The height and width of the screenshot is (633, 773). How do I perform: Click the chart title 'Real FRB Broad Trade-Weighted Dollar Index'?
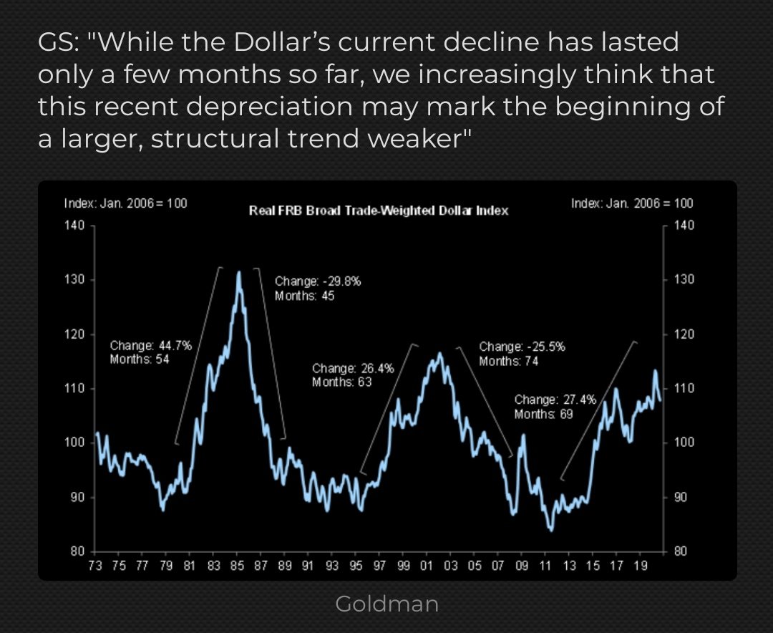coord(378,211)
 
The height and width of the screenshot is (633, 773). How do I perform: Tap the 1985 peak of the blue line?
coord(238,273)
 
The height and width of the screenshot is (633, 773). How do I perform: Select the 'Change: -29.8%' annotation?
coord(318,281)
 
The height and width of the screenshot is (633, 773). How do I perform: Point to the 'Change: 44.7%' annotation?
coord(150,346)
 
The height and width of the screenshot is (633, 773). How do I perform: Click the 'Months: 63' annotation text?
coord(339,382)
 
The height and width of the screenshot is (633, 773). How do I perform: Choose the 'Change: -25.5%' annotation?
coord(522,347)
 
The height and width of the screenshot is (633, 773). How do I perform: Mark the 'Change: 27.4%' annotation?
coord(555,400)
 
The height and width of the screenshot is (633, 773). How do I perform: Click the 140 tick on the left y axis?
coord(74,226)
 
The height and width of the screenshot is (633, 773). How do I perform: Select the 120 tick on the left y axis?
coord(74,334)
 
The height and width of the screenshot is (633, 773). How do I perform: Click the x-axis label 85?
coord(238,566)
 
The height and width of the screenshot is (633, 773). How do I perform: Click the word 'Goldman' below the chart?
coord(386,604)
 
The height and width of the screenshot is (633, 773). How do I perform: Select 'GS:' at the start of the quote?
coord(57,42)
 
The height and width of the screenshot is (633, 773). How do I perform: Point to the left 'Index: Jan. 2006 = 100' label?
coord(126,203)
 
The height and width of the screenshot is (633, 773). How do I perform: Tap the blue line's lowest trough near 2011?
coord(550,530)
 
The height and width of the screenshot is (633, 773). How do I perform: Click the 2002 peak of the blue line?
coord(439,353)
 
